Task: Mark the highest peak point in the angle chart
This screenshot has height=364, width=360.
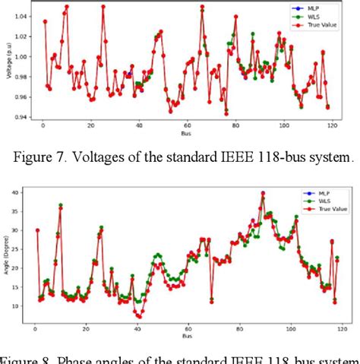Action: (263, 193)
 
